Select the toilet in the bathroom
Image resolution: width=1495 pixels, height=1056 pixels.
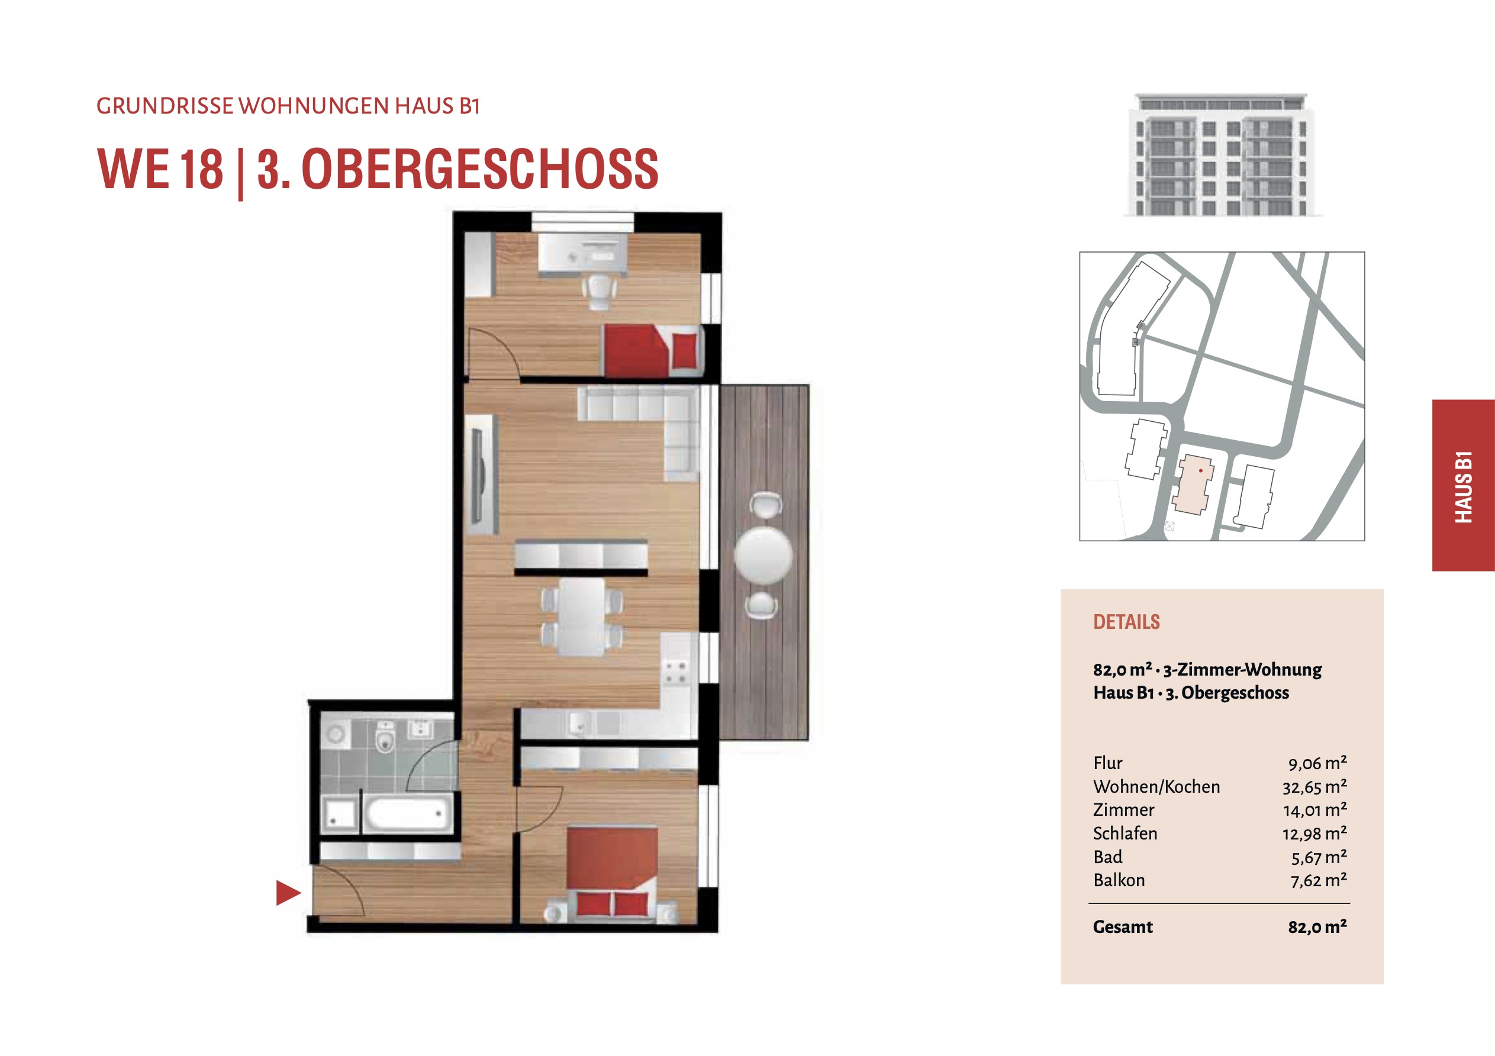(x=385, y=737)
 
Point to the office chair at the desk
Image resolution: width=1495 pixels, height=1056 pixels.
(x=600, y=291)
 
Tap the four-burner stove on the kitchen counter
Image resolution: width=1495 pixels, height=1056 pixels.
(x=675, y=672)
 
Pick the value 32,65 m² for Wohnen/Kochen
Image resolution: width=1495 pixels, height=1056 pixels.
(x=1314, y=786)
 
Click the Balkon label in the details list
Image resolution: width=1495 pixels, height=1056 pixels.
(x=1119, y=880)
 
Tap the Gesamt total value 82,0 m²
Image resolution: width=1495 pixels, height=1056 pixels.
(x=1317, y=926)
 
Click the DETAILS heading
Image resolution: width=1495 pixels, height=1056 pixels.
(x=1126, y=622)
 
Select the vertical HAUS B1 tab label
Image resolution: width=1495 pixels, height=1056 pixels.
(x=1464, y=486)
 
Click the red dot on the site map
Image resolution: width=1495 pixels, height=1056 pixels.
(x=1200, y=470)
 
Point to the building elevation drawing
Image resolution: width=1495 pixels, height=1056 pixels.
(x=1222, y=154)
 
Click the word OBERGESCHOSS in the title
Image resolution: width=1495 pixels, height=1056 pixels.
(x=480, y=169)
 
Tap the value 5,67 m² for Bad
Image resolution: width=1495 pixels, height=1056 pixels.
(x=1319, y=857)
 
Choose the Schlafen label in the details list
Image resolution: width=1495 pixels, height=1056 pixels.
(x=1125, y=834)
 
